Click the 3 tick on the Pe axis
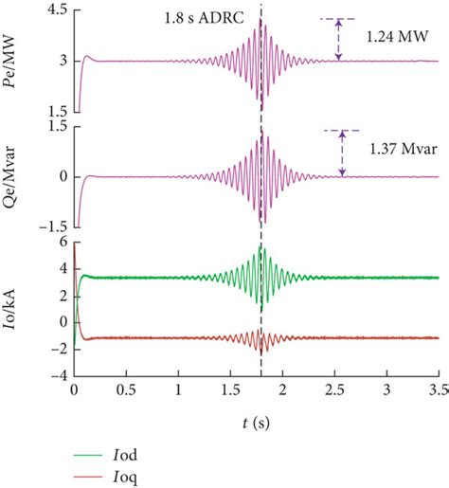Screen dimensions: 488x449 pos(63,61)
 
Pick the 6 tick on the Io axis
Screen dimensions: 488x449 pos(63,243)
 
